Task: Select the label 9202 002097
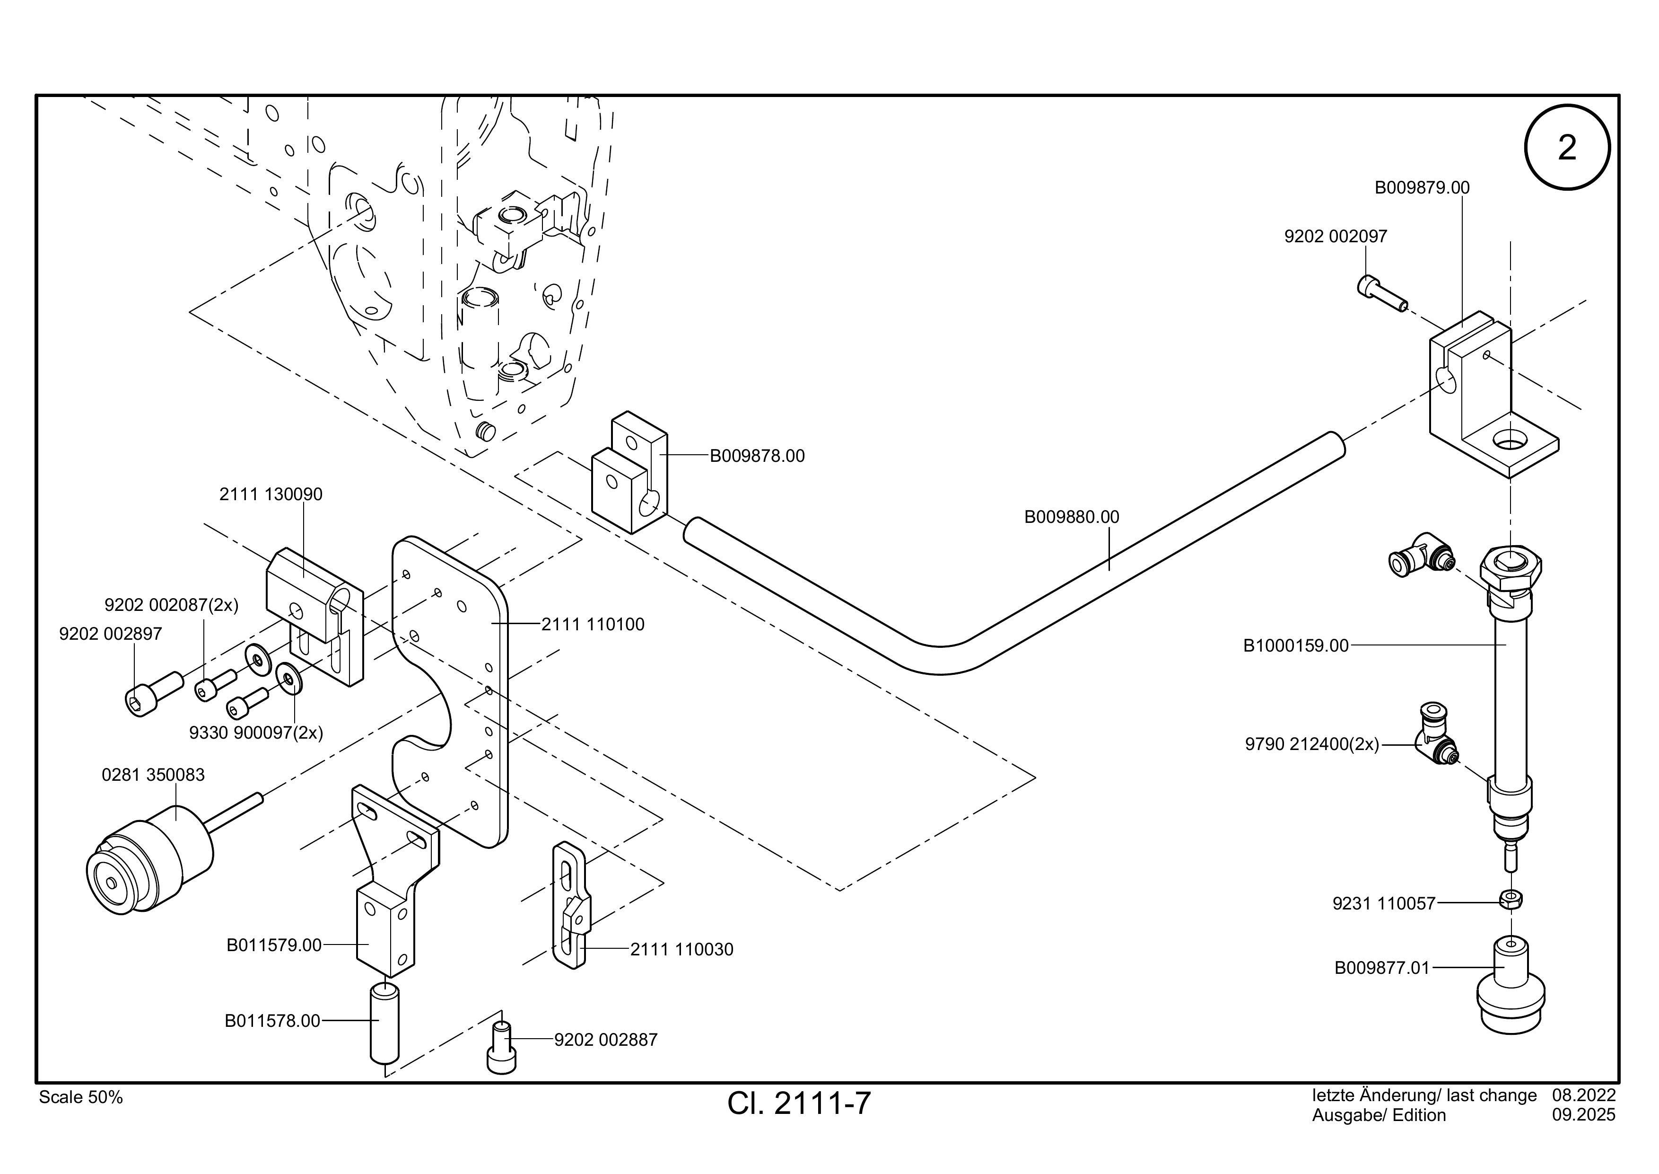coord(1336,237)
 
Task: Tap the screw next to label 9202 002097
coord(1381,293)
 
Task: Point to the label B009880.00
coord(1072,517)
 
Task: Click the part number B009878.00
coord(757,456)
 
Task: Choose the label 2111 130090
coord(271,494)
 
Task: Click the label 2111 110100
coord(593,625)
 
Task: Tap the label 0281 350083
coord(153,775)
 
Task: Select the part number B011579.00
coord(274,945)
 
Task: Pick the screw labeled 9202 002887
coord(501,1048)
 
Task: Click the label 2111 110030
coord(681,950)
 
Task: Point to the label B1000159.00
coord(1295,645)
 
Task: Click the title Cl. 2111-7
coord(799,1103)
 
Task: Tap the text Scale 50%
coord(81,1097)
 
